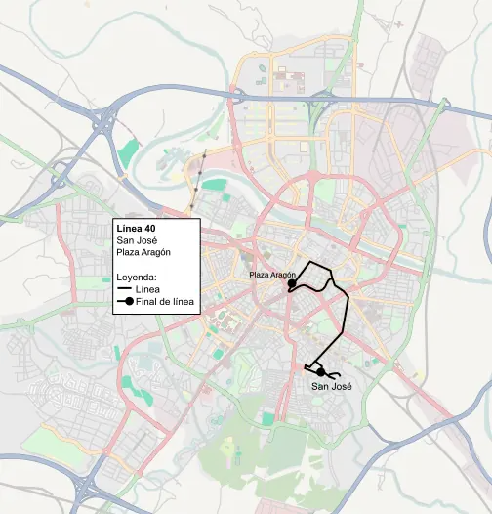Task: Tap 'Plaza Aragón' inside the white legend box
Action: click(143, 252)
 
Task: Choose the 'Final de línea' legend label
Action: click(167, 302)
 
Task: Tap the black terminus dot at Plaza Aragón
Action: click(291, 282)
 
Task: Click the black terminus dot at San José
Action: click(320, 371)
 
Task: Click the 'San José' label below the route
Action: click(331, 387)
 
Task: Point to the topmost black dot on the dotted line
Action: click(206, 155)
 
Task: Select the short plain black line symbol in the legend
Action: click(123, 289)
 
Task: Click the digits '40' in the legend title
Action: click(148, 228)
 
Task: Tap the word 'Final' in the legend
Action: click(150, 302)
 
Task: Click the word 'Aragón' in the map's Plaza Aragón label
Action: click(282, 276)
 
